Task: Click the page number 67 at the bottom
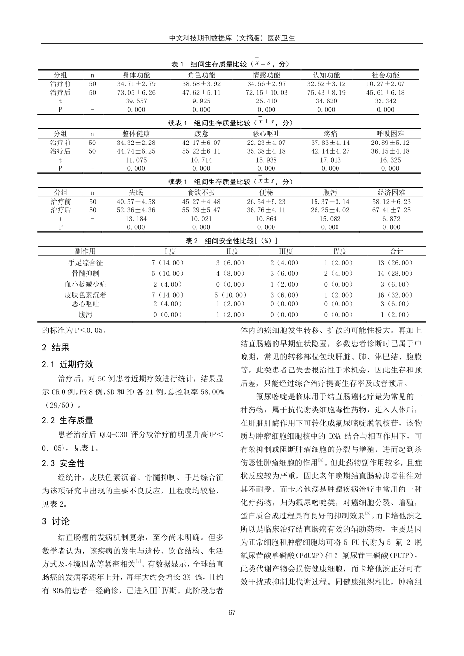232,612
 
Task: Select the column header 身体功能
136,75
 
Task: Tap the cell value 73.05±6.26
136,92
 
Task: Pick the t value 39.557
136,101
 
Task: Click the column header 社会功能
385,75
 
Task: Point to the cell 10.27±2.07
385,84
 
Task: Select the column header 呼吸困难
390,134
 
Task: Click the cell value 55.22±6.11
201,151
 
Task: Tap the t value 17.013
330,160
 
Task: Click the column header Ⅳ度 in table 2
340,251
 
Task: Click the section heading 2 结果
56,348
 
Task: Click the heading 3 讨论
56,521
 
